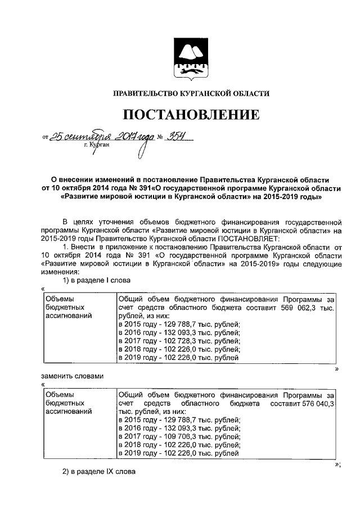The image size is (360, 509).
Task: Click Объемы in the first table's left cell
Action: pyautogui.click(x=59, y=300)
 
